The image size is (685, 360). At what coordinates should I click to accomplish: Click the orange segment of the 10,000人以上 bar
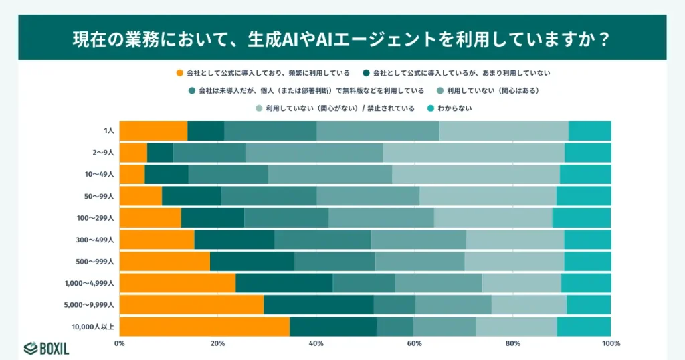(x=204, y=327)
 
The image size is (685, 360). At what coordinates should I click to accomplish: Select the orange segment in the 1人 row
(x=153, y=131)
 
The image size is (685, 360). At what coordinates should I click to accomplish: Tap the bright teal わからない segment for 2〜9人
(x=587, y=153)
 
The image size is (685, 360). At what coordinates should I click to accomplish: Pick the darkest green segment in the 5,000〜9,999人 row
(x=318, y=304)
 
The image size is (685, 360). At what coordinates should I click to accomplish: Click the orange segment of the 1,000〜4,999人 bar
(x=177, y=283)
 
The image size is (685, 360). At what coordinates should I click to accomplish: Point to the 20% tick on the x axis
(x=217, y=343)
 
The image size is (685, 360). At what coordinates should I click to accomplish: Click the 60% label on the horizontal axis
(x=414, y=343)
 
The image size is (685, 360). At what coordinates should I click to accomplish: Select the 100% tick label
(x=611, y=343)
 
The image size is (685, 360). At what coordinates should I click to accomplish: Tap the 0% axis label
(x=120, y=343)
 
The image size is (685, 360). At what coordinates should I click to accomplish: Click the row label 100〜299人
(x=96, y=218)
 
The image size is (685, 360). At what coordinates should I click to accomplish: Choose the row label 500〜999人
(x=96, y=262)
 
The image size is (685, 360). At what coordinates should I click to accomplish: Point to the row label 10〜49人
(x=98, y=175)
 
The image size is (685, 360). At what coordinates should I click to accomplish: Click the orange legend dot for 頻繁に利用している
(x=180, y=72)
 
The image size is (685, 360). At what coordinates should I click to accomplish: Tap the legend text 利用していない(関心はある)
(x=492, y=90)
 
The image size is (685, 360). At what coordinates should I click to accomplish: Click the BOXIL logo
(x=46, y=348)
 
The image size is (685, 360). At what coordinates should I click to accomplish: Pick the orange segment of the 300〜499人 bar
(x=157, y=240)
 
